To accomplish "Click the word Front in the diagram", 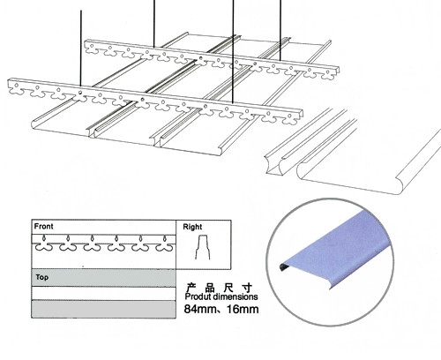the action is click(x=43, y=226).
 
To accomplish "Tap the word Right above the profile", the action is click(x=192, y=227).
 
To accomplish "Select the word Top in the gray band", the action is click(x=41, y=277).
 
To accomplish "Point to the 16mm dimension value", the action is click(x=243, y=309).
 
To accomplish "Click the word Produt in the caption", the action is click(x=198, y=296).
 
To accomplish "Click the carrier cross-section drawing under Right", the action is click(x=203, y=247).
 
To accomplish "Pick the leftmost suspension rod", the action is click(x=81, y=49).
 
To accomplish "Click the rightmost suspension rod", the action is click(x=280, y=31).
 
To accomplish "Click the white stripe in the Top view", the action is click(x=104, y=293).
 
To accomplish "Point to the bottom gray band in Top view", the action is click(x=104, y=309).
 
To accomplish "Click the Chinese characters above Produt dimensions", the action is click(x=220, y=288).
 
